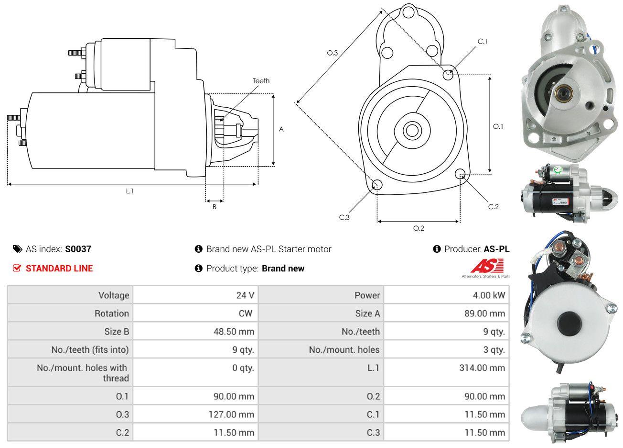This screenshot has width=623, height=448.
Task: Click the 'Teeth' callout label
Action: point(261,81)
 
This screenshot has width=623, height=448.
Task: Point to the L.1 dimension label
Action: point(129,191)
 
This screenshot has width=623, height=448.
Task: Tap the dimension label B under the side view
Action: point(215,207)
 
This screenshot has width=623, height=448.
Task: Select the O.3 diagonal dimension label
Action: point(333,53)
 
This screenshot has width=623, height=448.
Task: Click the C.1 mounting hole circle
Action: point(448,75)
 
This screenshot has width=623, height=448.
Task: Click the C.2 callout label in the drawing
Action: point(493,206)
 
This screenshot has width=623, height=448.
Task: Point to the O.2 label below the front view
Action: point(419,228)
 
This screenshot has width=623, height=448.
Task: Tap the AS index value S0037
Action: point(78,249)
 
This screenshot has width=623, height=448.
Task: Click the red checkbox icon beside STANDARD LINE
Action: point(17,268)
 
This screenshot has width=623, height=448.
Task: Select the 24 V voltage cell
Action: point(245,295)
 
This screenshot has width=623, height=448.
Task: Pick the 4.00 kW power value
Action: point(489,295)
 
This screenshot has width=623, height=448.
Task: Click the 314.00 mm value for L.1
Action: point(483,368)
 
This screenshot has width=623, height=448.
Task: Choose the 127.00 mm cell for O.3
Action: point(231,414)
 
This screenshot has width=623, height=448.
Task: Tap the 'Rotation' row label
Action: point(111,314)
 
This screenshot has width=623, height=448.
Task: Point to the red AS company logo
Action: point(487,266)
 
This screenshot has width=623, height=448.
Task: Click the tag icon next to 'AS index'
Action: point(17,249)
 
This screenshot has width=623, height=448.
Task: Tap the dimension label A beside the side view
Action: point(281,129)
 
